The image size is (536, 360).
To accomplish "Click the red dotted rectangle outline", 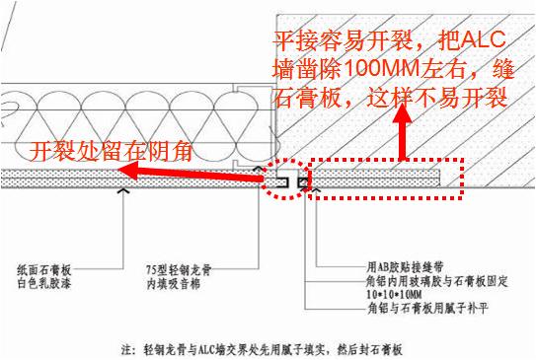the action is (x=385, y=160).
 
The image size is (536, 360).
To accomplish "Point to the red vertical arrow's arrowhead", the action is (x=403, y=114).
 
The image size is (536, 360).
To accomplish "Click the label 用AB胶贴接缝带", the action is (x=395, y=266).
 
